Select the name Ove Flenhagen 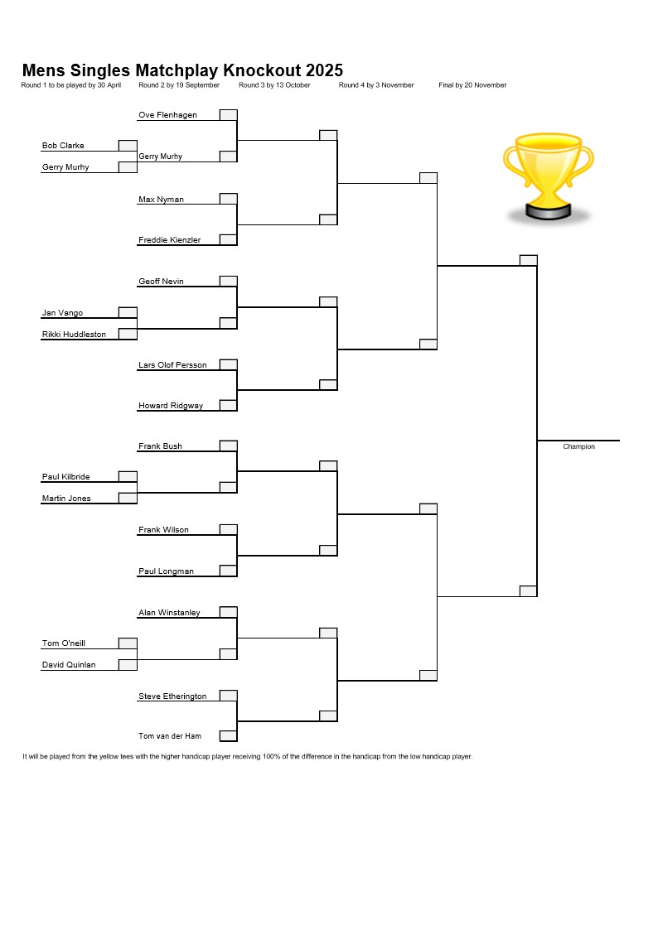167,115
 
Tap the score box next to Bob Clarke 128,146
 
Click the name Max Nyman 161,200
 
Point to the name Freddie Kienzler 169,240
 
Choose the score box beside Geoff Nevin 229,281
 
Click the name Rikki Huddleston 74,335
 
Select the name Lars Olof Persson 172,365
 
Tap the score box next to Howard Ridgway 229,406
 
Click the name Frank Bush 160,446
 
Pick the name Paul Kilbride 65,477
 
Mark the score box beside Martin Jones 128,499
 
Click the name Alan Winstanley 169,613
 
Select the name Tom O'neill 64,643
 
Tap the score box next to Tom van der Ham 229,736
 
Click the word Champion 578,446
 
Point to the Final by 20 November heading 472,85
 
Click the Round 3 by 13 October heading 274,85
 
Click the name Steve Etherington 172,696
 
